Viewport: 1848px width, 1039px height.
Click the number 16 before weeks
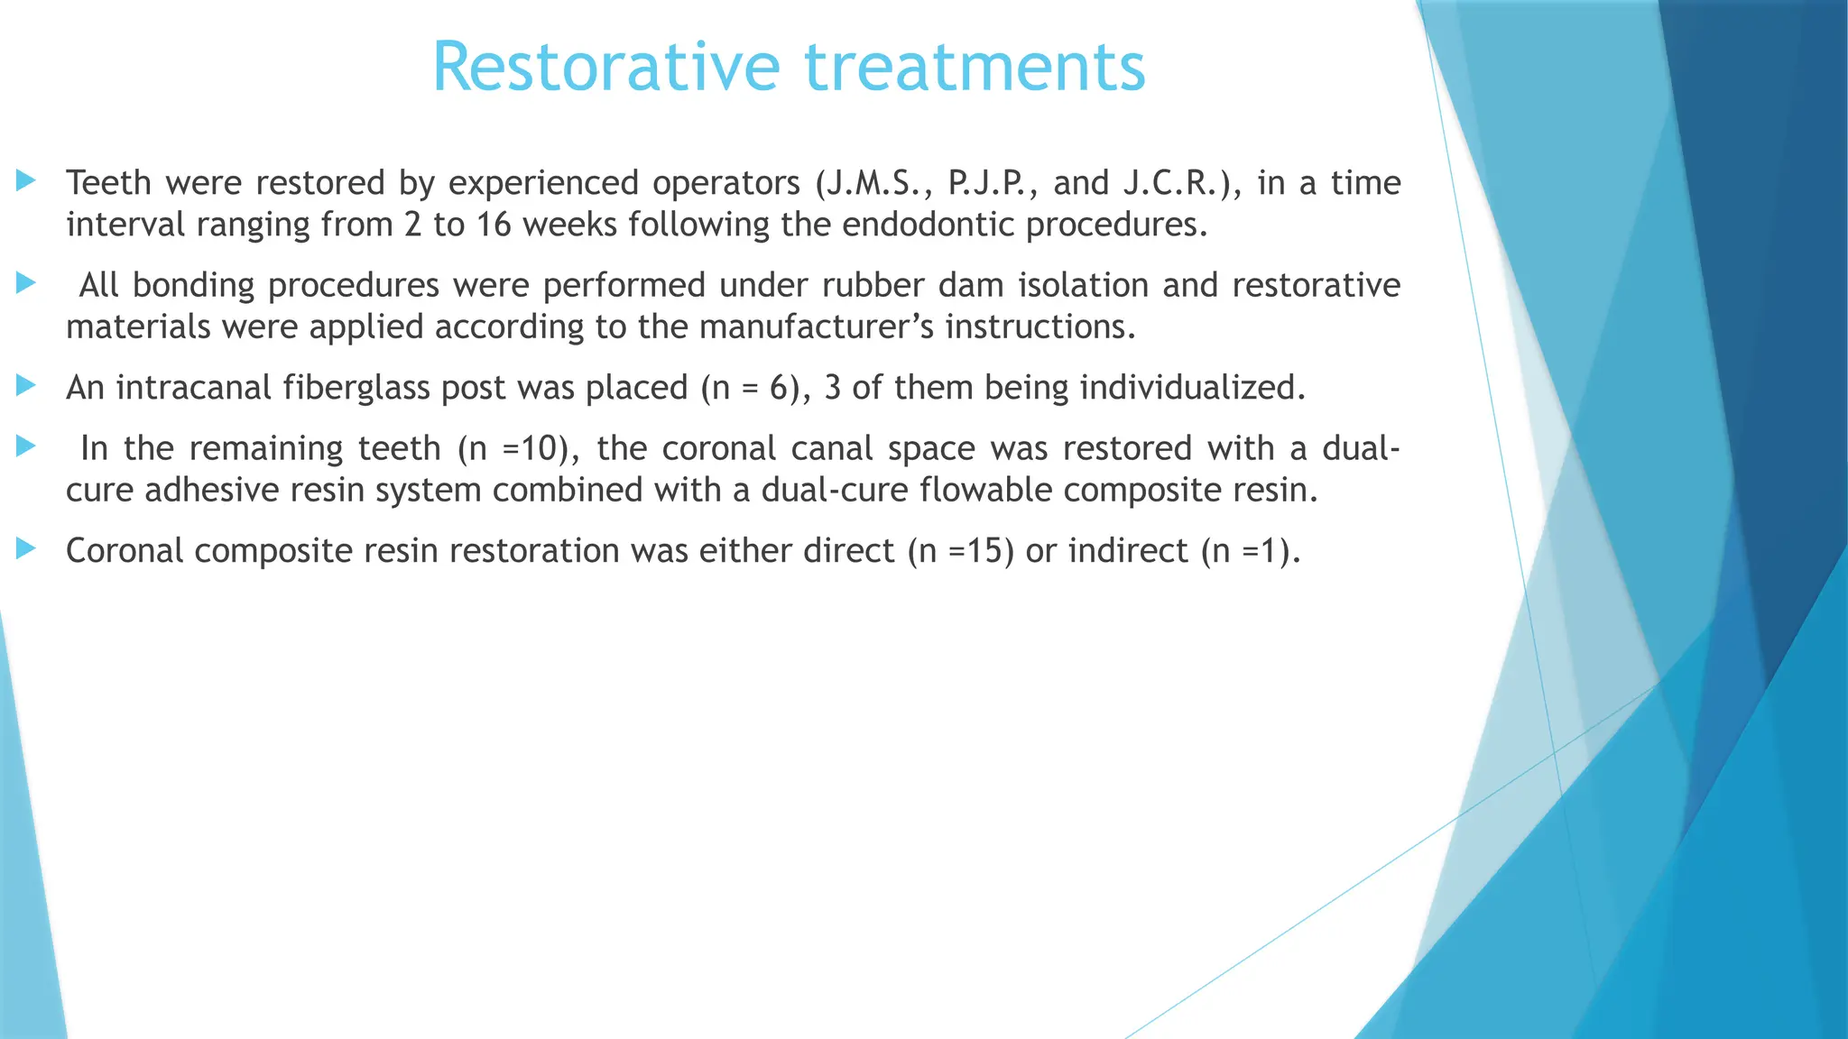point(494,225)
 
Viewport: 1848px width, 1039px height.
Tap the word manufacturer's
point(817,326)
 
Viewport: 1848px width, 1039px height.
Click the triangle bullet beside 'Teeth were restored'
point(26,181)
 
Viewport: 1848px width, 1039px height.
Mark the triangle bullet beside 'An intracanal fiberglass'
point(26,386)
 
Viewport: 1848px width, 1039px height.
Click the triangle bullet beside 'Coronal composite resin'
point(26,548)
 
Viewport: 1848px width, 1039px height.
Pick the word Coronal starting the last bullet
point(125,551)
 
